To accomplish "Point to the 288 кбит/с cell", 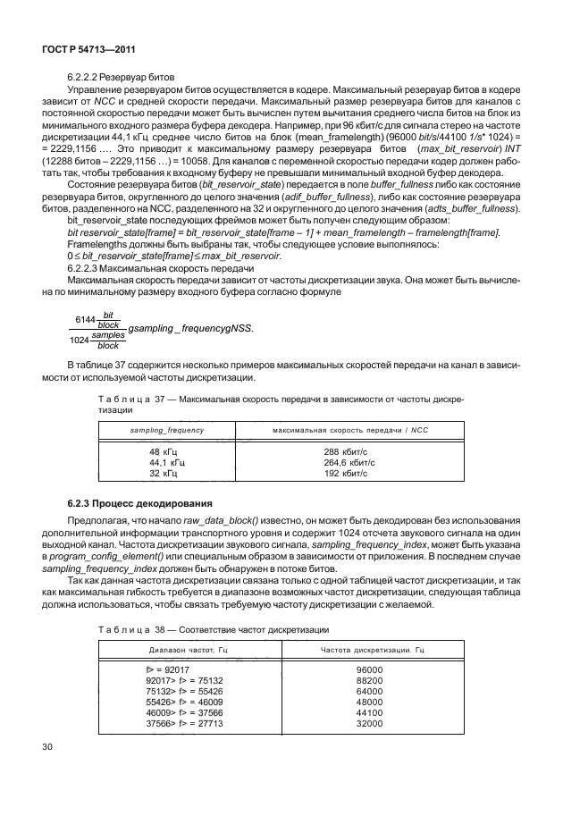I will click(x=345, y=451).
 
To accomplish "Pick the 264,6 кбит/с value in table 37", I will click(x=348, y=462).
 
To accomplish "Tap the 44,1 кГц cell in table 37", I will click(x=167, y=462).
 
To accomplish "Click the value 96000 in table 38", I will click(x=368, y=669).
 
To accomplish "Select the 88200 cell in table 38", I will click(x=368, y=679).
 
